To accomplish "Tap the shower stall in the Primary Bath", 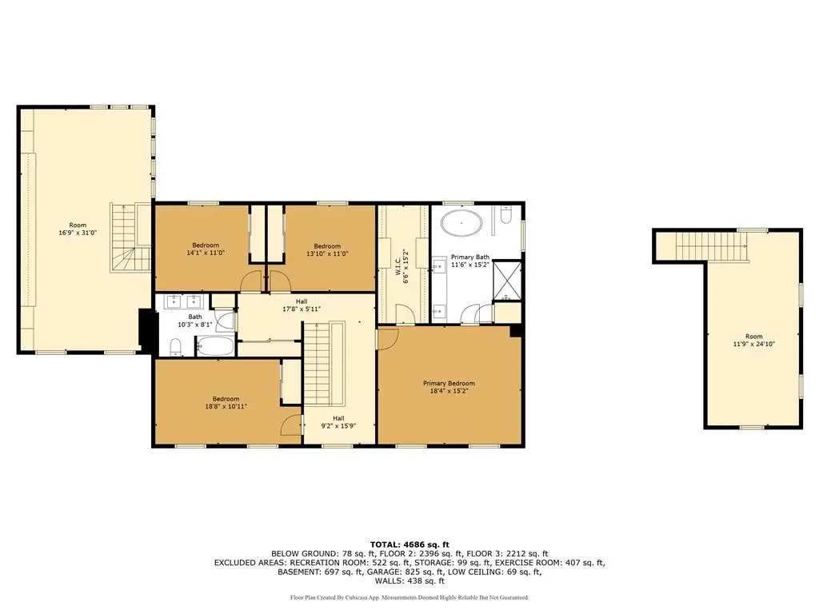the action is pos(507,281).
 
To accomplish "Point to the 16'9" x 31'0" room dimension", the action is pos(78,233).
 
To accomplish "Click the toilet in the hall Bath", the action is pos(176,346).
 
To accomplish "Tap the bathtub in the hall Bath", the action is pos(215,346).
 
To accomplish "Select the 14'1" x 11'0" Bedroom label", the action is pos(206,249).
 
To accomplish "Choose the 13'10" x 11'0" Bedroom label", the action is pos(327,250).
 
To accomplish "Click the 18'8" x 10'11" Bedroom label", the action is pos(226,403).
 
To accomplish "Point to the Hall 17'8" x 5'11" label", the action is pos(302,305).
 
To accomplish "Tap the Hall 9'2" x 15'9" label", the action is pos(338,422).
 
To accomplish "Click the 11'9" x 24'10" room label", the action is pos(753,341).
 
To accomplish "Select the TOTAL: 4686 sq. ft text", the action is pos(409,544).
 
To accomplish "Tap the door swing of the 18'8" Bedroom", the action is pos(291,425).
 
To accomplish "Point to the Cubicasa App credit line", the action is pos(409,597).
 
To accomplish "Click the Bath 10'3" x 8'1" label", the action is pos(195,321).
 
